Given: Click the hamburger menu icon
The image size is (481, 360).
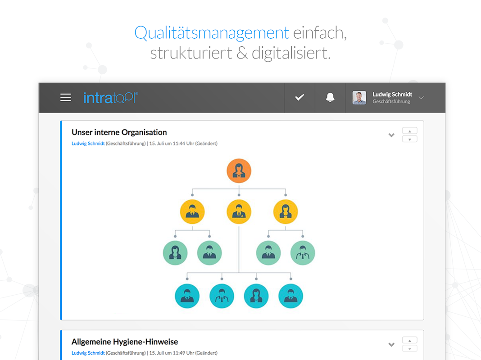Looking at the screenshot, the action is point(65,98).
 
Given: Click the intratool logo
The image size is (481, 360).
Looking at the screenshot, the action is point(111,98).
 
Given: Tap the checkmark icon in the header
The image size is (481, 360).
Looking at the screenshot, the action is point(299,97).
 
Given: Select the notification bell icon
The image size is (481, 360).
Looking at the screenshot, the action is point(330,98).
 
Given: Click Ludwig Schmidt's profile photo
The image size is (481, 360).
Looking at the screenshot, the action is point(359,98).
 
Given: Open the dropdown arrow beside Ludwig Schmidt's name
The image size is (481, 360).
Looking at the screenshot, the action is point(422,98).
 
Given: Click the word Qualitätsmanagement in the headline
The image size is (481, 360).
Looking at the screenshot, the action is point(211,33).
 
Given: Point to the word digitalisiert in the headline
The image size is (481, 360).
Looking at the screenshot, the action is point(291,53).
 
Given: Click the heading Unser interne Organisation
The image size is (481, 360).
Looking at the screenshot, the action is point(119,132).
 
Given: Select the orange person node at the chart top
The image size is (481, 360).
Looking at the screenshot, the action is point(239,171).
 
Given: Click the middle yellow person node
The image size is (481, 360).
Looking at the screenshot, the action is point(239,211).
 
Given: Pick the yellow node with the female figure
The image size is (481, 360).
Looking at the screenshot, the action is point(286,211).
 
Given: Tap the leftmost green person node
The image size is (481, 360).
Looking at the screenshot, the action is point(175,253).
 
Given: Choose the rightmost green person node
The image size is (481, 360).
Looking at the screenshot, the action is point(303,253).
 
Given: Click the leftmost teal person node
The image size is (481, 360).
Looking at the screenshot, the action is point(187,296).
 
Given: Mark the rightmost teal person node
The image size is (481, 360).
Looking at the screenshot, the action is point(291,296).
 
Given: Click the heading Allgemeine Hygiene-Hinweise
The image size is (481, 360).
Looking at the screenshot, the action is point(125,342).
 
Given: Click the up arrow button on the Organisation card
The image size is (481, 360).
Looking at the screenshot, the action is point(409,131).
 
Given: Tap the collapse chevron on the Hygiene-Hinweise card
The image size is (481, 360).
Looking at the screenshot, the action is point(391,345).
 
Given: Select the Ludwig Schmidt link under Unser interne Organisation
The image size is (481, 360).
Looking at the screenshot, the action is point(88,144).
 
